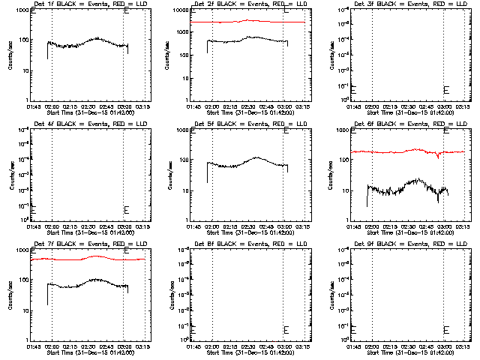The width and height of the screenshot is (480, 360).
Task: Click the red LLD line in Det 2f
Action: coord(247,22)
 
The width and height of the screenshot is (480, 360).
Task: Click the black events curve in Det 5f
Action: coord(240,162)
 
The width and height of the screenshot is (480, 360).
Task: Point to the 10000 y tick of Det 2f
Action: coord(179,10)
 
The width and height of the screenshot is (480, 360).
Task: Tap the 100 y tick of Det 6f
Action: coord(341,160)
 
